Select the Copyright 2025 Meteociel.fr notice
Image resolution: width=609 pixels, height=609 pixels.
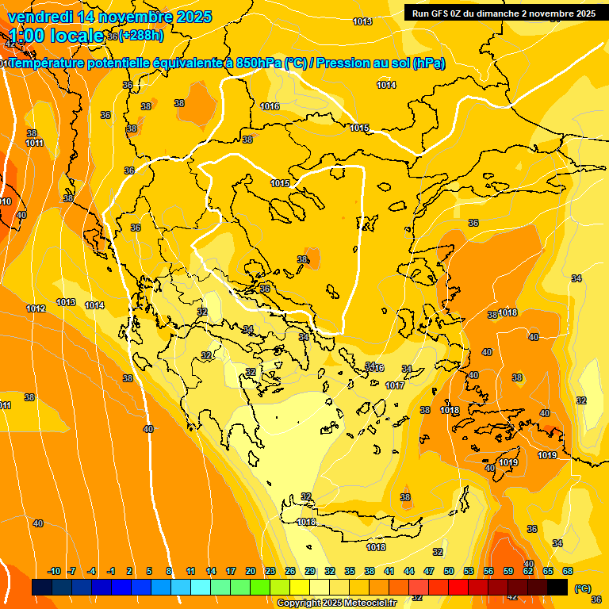337,603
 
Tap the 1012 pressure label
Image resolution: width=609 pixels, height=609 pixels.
36,308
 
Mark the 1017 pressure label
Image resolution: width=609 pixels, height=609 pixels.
395,385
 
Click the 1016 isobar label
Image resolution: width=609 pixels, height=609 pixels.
270,106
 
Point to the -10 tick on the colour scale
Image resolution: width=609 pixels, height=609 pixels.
54,571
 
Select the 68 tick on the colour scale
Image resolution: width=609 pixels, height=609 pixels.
568,571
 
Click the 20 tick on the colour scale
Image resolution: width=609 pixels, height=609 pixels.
251,571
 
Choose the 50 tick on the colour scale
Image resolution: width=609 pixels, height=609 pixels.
449,571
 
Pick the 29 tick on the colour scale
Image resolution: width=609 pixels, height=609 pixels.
310,571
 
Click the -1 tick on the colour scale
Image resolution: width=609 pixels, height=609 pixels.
111,571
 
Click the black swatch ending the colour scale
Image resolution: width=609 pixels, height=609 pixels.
557,588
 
